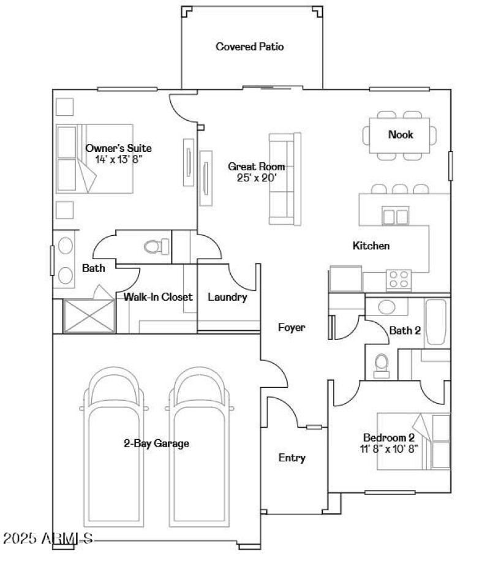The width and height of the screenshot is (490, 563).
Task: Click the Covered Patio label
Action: tap(249, 47)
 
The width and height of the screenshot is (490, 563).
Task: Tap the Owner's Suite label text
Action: tap(118, 148)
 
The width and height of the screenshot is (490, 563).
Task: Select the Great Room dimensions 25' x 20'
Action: tap(256, 178)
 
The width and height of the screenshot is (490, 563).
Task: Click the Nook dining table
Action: tap(400, 135)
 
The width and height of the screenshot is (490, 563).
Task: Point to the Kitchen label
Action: tap(371, 246)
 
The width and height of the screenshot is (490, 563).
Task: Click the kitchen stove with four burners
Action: tap(398, 279)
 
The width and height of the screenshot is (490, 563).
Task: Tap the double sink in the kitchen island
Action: tap(395, 216)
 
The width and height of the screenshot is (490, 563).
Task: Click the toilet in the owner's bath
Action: tap(156, 246)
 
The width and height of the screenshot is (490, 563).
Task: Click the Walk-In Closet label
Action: tap(158, 297)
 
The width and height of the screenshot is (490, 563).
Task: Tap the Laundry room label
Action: tap(227, 297)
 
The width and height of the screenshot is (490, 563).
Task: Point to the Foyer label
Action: tap(292, 328)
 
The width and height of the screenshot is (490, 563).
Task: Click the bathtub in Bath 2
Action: tap(437, 322)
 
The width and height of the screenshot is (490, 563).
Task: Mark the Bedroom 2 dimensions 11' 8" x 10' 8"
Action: tap(390, 448)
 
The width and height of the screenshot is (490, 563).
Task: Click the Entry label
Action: tap(292, 458)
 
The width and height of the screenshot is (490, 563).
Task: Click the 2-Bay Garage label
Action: tap(156, 443)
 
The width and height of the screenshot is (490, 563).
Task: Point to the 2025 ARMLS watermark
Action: tap(48, 539)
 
